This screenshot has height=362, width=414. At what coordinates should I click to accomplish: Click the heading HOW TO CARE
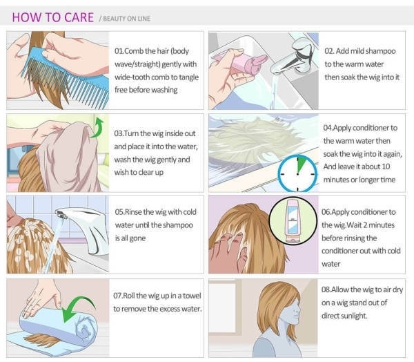pyautogui.click(x=53, y=17)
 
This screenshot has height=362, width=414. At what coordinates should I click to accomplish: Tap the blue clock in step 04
pyautogui.click(x=297, y=173)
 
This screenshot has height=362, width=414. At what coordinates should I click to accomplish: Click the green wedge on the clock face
pyautogui.click(x=300, y=165)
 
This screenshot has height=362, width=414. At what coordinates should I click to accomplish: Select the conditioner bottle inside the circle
pyautogui.click(x=293, y=221)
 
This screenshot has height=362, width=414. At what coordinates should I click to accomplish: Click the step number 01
pyautogui.click(x=119, y=51)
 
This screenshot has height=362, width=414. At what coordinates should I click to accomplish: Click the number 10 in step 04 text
pyautogui.click(x=386, y=166)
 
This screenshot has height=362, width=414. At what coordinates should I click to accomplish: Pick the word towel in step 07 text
pyautogui.click(x=191, y=296)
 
